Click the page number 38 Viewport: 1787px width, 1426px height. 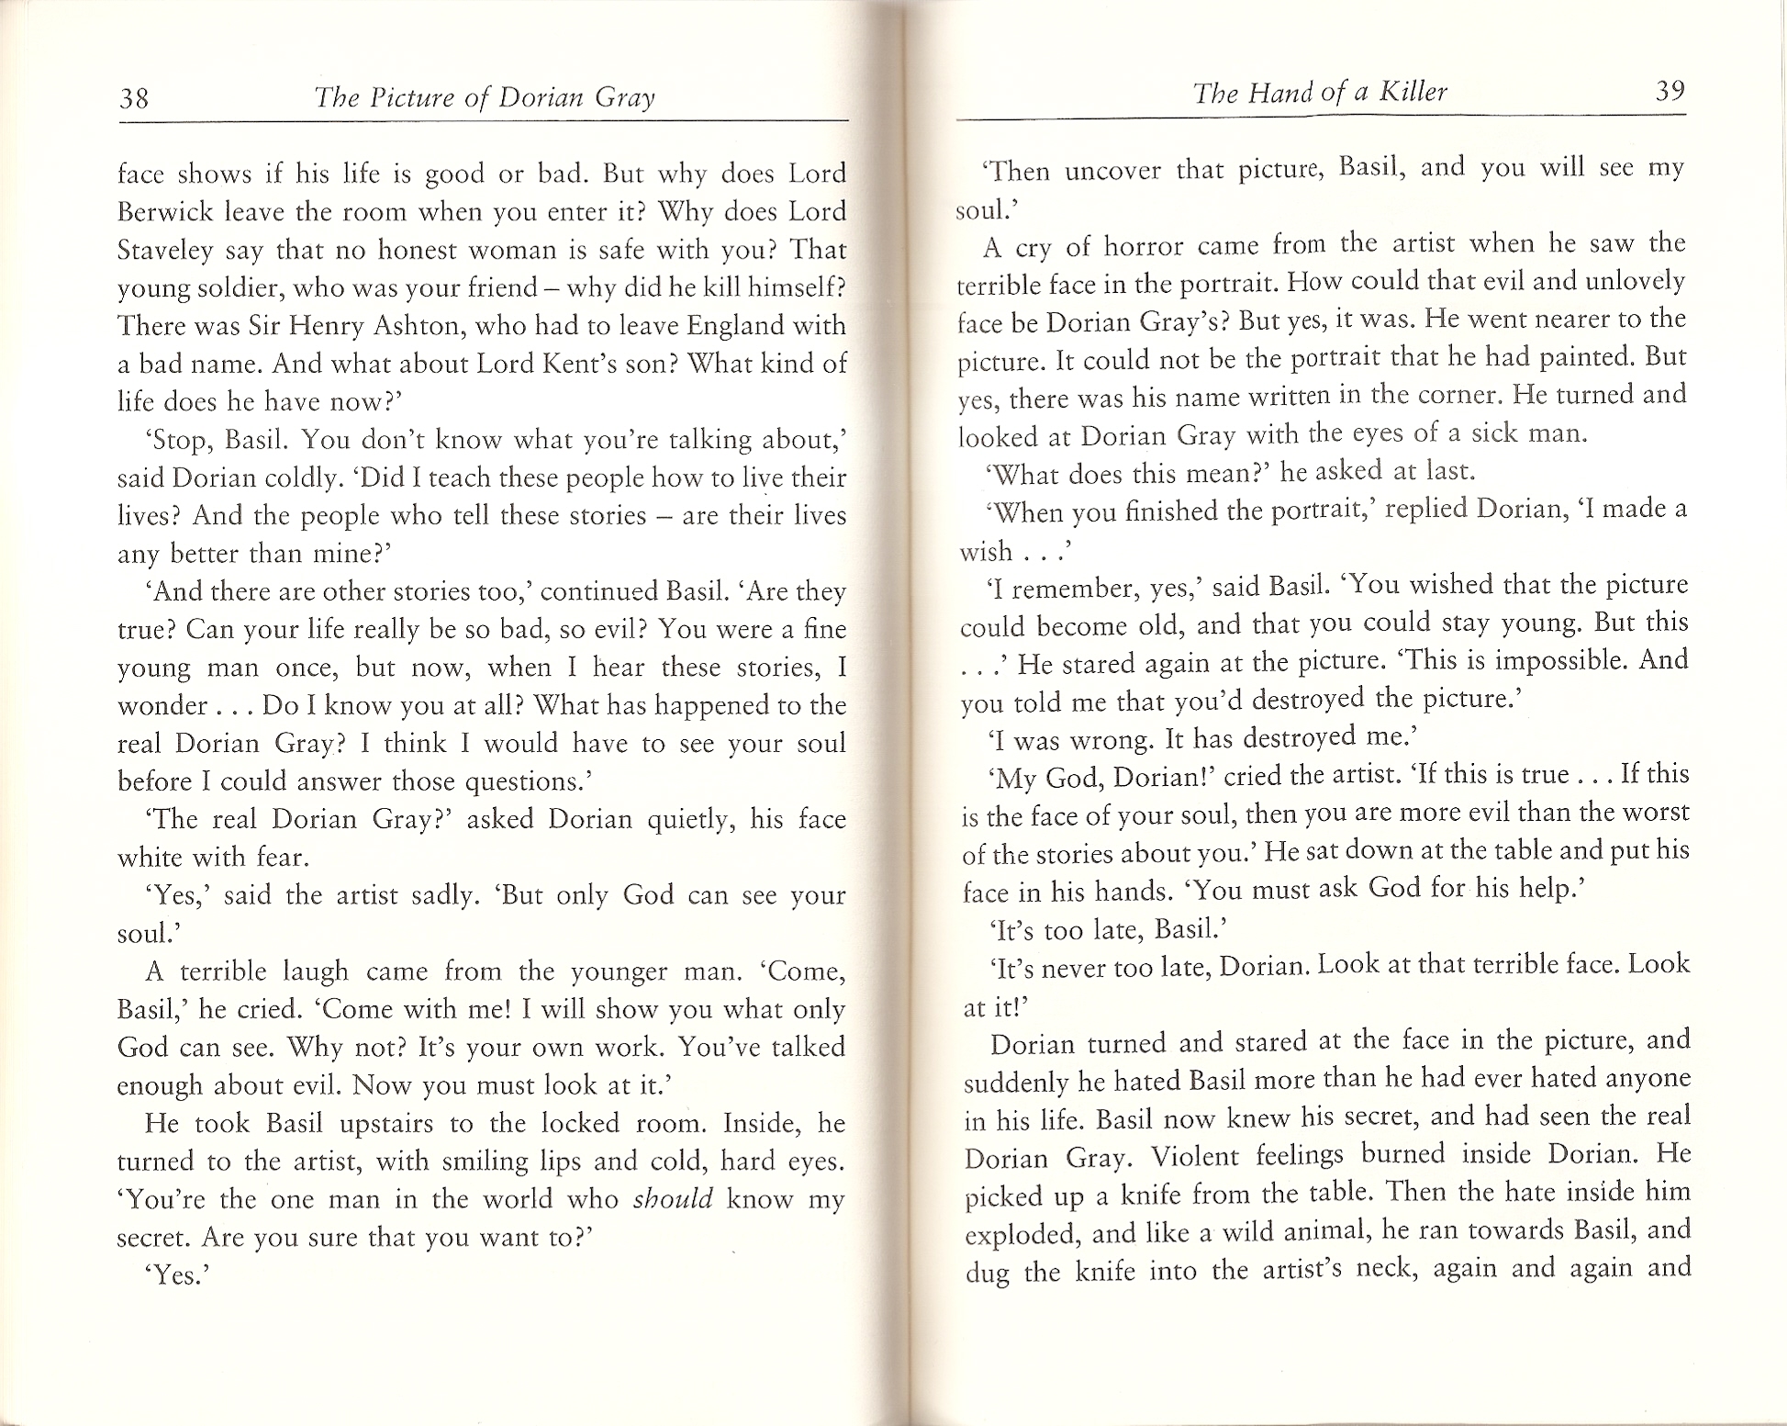134,97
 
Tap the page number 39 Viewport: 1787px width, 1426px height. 1670,91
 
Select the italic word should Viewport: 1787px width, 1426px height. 673,1199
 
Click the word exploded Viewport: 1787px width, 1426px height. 1020,1233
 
